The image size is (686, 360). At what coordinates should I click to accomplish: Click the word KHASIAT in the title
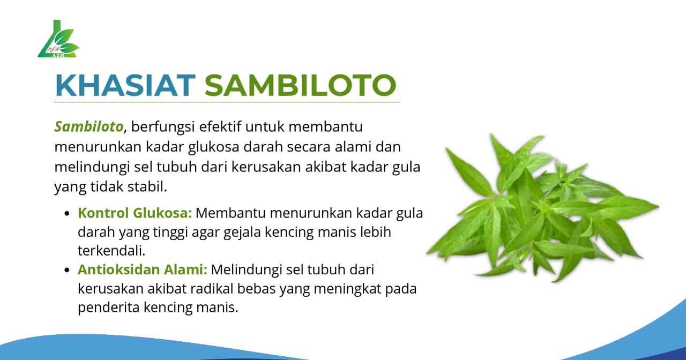pos(125,85)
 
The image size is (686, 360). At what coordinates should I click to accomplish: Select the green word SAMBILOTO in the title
pos(300,85)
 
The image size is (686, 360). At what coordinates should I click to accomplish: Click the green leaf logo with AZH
pos(58,40)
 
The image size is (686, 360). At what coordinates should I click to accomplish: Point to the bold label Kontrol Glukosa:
pos(135,213)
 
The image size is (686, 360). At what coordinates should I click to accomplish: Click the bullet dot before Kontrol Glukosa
pos(67,214)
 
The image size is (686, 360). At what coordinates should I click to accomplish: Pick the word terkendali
pos(110,251)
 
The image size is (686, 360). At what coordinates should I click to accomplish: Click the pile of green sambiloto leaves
pos(541,209)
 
